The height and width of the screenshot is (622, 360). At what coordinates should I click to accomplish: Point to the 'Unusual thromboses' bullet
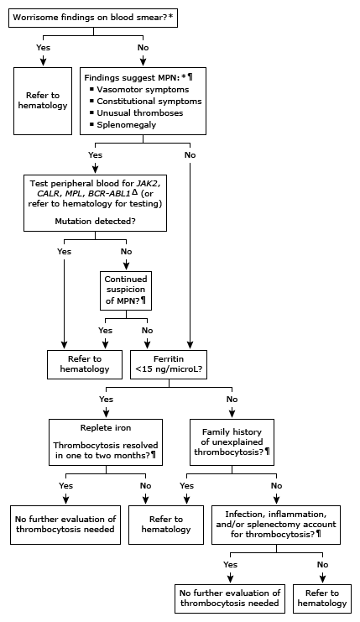coord(137,112)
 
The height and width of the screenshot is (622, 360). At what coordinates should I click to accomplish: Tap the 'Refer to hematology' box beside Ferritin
coord(82,363)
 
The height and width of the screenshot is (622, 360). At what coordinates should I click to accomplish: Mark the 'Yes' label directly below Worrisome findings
coord(44,48)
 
